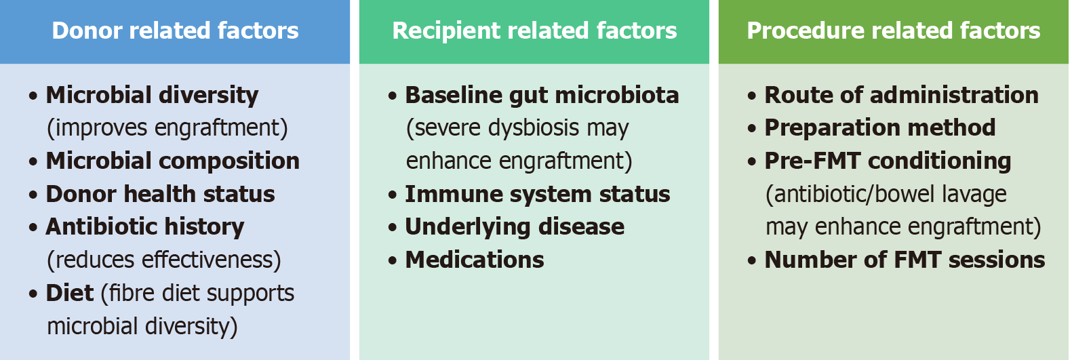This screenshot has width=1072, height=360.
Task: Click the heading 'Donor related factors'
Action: click(x=175, y=31)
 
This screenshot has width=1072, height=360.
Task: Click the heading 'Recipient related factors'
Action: click(x=534, y=31)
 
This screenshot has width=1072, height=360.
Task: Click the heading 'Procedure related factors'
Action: click(x=893, y=31)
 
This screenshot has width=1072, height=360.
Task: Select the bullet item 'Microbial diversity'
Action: click(x=152, y=95)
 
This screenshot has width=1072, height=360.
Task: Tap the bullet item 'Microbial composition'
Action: click(x=172, y=161)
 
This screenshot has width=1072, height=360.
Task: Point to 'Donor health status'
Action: click(x=160, y=194)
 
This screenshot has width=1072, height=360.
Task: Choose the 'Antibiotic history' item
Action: click(x=144, y=226)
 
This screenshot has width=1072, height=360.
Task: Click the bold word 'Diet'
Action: click(x=69, y=293)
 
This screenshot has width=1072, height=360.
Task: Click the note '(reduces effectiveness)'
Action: click(x=163, y=260)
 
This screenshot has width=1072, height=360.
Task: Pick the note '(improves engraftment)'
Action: click(x=167, y=128)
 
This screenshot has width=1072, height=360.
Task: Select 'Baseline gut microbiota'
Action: click(x=542, y=95)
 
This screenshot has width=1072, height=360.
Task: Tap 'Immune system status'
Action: click(x=537, y=194)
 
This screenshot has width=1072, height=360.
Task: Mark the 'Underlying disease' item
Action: click(x=515, y=226)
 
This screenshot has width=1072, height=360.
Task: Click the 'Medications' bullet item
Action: click(x=474, y=260)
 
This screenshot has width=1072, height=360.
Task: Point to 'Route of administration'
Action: click(x=901, y=95)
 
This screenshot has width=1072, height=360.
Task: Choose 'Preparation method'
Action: click(x=879, y=127)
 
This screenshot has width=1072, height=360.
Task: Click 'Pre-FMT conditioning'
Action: click(x=888, y=161)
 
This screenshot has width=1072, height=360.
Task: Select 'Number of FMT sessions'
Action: click(x=905, y=260)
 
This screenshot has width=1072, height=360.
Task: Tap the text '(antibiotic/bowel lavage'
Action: click(x=886, y=194)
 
